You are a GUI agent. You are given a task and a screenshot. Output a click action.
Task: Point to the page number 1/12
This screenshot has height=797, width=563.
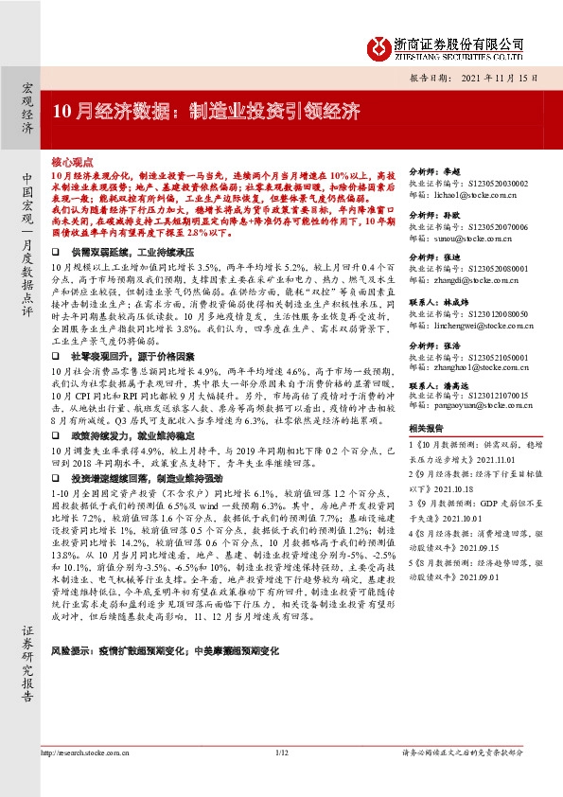tap(280, 779)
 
